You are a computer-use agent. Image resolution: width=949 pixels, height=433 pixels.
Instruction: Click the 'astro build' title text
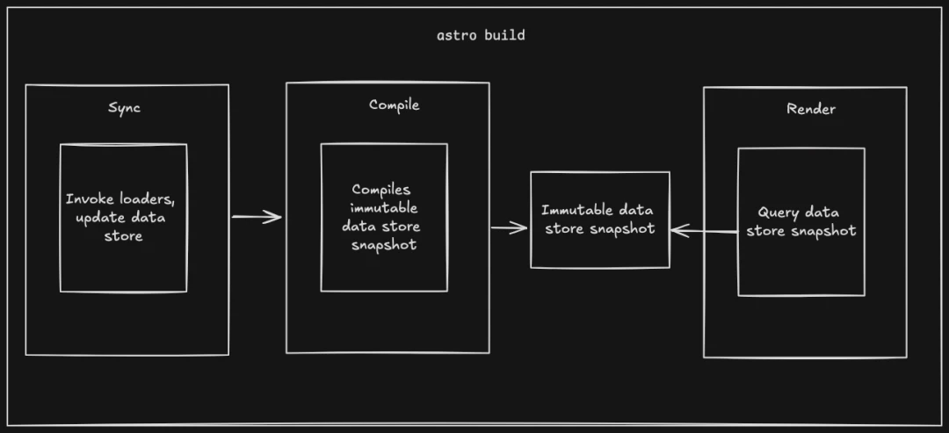482,35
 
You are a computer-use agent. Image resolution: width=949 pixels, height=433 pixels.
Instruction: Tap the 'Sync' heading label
124,108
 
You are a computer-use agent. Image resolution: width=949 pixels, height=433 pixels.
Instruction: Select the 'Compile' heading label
394,105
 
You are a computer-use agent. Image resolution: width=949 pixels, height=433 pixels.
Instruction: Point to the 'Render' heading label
811,109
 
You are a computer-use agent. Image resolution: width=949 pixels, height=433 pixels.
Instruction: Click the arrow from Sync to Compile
257,216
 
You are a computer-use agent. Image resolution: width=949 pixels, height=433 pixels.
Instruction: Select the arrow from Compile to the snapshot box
509,228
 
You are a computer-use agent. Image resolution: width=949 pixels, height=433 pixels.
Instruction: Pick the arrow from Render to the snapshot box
704,230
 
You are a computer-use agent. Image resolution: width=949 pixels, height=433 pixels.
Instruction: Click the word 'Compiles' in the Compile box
381,190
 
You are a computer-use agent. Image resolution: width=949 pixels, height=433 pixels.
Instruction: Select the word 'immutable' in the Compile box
384,207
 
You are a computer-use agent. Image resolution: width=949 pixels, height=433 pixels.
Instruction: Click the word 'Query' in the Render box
777,213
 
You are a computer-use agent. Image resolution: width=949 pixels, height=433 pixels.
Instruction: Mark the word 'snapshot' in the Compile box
384,245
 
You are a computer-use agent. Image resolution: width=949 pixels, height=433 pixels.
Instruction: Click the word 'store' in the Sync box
124,236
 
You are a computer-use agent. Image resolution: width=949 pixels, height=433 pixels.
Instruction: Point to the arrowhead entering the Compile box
275,216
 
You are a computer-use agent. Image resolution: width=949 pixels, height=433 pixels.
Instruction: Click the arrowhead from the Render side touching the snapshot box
679,230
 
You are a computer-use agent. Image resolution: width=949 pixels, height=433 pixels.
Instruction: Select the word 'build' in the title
504,35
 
